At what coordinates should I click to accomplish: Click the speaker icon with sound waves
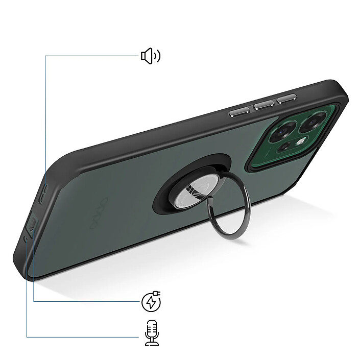coord(150,56)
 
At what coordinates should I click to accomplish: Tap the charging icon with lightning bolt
coord(151,302)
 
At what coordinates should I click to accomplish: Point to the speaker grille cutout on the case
coord(44,191)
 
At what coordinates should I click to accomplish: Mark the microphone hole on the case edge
coord(26,239)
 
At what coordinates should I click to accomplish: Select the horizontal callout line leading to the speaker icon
coord(92,56)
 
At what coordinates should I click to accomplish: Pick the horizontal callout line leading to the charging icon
coord(87,301)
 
